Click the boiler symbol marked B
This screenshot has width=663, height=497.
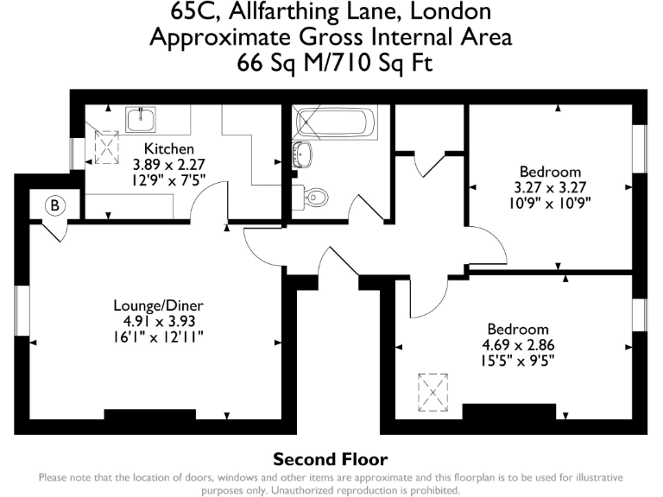(x=54, y=205)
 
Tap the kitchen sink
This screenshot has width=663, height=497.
(x=139, y=117)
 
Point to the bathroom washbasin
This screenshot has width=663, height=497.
(x=303, y=155)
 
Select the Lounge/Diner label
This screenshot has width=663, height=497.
(x=158, y=305)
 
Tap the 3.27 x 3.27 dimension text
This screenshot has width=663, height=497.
(x=550, y=187)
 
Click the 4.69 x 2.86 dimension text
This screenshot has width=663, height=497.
(x=518, y=344)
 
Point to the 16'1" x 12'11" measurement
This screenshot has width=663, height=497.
(x=158, y=336)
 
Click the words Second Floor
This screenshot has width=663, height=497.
(x=331, y=459)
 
